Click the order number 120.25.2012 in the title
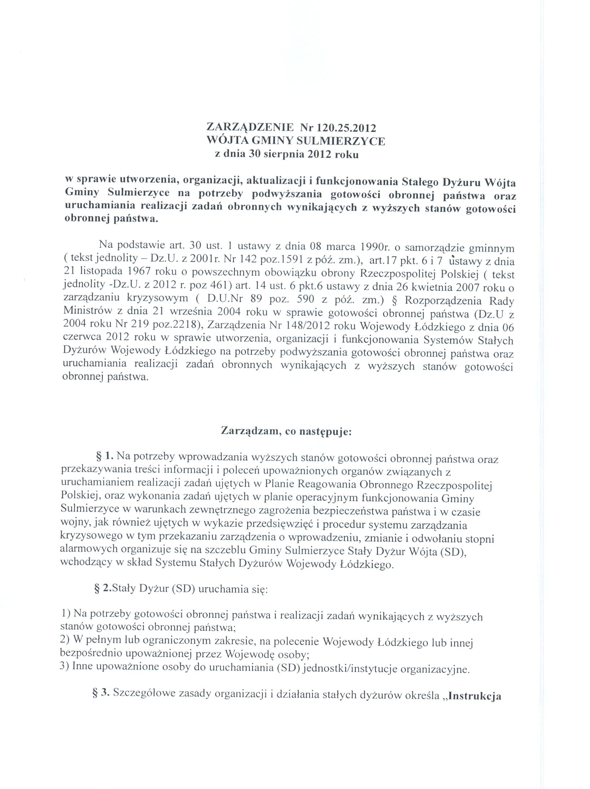click(346, 128)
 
